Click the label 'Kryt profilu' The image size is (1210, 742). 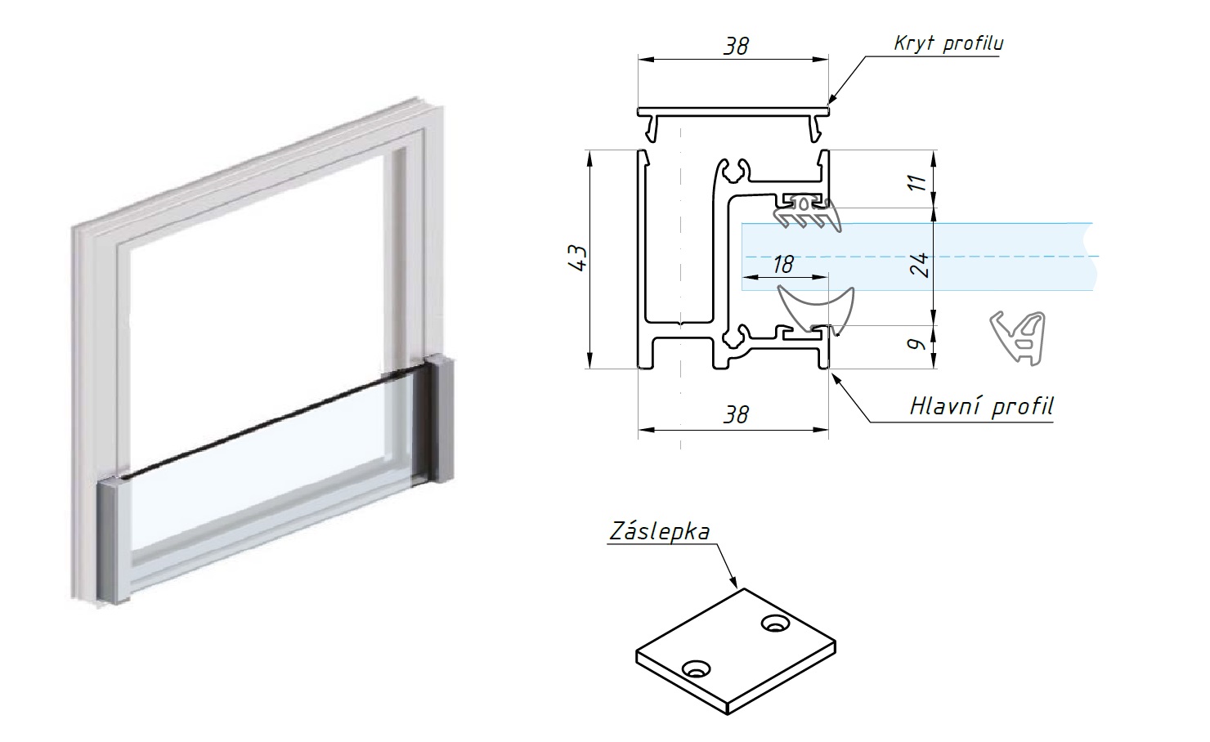948,42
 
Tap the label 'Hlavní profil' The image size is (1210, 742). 981,406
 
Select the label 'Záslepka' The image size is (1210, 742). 659,531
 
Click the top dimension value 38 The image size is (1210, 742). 736,46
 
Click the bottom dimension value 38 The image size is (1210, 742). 736,414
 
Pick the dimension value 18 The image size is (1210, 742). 782,264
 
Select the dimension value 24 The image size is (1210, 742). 920,264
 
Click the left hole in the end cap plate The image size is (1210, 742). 697,669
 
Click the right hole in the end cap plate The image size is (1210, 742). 773,624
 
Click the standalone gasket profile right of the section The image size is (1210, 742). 1020,335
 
